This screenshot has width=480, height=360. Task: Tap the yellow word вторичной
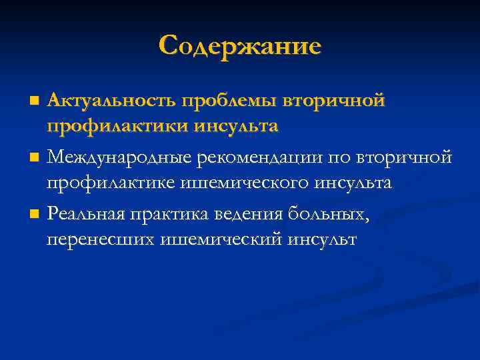(333, 101)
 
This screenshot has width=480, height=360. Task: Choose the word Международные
(119, 158)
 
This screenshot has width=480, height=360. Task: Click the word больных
(331, 215)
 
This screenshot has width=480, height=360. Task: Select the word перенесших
(101, 239)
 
